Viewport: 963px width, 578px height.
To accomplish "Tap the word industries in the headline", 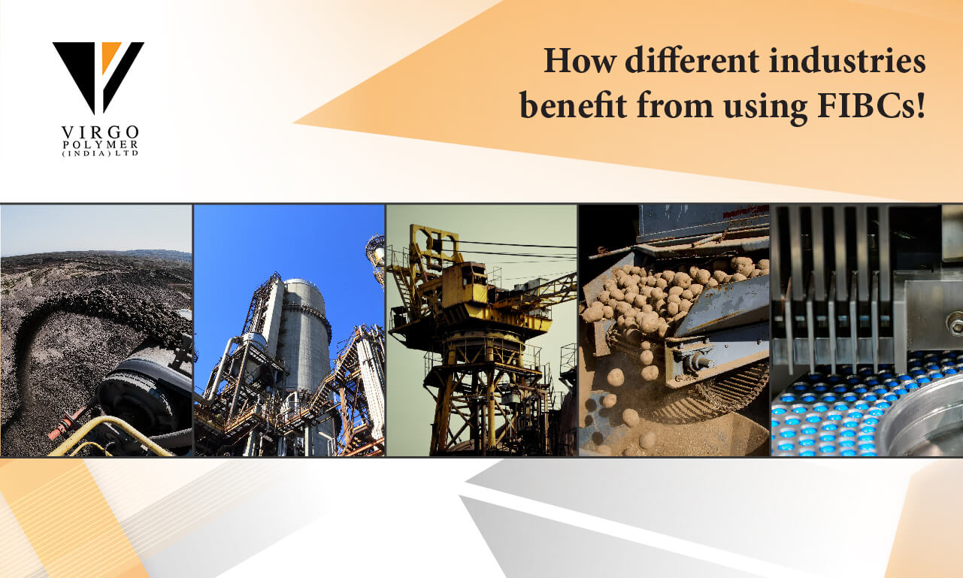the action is tap(847, 60).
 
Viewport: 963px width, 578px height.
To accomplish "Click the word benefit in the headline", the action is tap(573, 104).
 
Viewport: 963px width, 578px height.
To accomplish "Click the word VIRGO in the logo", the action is tap(100, 132).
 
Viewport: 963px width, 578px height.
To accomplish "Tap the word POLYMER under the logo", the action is tap(100, 145).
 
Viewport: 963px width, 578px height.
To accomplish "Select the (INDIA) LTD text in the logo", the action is tap(100, 153).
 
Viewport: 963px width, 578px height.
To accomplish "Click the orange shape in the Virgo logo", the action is tap(110, 55).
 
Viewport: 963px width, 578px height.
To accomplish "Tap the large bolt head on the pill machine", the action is tap(955, 323).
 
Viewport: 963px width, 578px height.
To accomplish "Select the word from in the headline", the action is tap(675, 105).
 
